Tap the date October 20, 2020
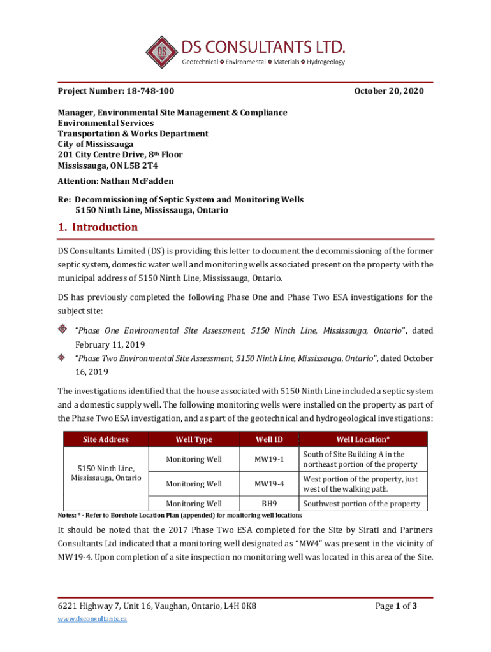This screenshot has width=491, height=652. [x=388, y=92]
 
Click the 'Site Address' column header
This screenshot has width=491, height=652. [x=105, y=439]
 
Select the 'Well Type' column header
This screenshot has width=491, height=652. [x=194, y=439]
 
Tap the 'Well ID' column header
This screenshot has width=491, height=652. [x=269, y=439]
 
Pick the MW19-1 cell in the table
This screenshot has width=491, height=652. [x=269, y=460]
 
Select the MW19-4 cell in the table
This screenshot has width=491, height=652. [x=269, y=484]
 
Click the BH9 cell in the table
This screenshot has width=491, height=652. [x=269, y=504]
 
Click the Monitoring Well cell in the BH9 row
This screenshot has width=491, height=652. [x=194, y=504]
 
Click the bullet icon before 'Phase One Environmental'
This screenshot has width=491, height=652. [x=63, y=329]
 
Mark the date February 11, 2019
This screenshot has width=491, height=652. [x=110, y=344]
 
